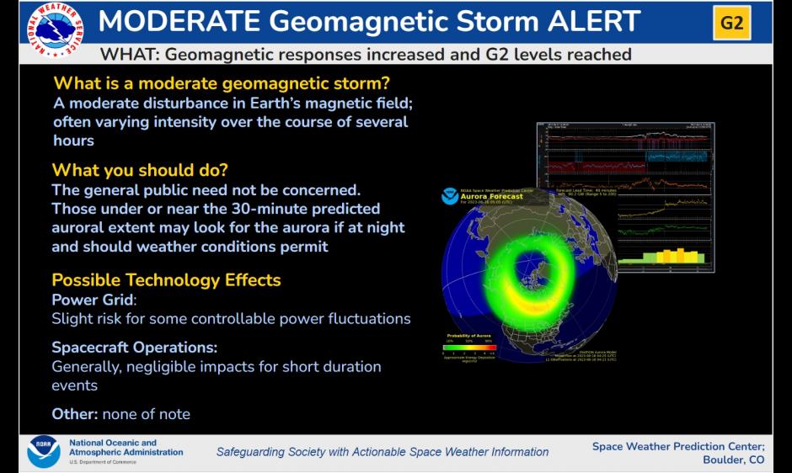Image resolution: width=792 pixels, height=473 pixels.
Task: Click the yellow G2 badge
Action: click(731, 23)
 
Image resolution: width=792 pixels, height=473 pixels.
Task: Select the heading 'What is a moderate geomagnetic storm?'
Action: click(222, 83)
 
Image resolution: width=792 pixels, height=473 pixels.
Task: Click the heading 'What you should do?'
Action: click(140, 170)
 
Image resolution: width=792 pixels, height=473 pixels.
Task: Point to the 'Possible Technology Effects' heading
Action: click(166, 279)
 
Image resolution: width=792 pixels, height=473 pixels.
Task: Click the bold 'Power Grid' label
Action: click(93, 300)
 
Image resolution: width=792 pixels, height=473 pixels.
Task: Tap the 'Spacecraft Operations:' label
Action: click(134, 347)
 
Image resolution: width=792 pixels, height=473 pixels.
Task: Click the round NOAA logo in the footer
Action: click(43, 451)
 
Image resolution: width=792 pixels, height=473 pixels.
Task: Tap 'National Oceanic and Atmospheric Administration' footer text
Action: click(126, 448)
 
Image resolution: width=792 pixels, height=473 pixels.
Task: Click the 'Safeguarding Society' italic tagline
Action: click(382, 452)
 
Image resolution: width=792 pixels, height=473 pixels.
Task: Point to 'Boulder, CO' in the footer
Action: click(733, 460)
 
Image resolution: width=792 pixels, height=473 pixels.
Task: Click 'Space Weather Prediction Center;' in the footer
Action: click(677, 446)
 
